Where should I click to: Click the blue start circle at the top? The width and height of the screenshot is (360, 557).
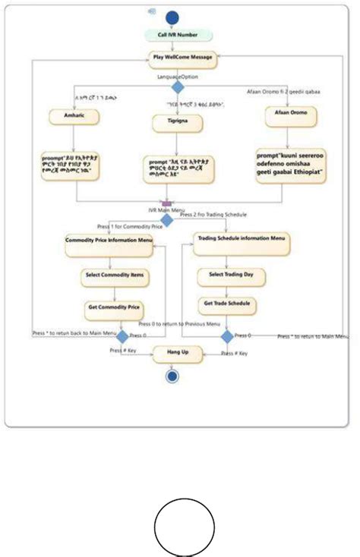click(172, 18)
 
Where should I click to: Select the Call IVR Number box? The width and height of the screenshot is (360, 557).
click(172, 36)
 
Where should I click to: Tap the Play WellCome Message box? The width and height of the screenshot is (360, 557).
click(182, 58)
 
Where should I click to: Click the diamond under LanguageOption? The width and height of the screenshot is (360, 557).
click(177, 88)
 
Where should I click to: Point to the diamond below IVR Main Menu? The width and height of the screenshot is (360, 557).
click(166, 220)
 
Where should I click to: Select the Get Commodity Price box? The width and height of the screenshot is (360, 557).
click(113, 308)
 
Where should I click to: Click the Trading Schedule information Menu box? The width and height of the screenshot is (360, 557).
click(242, 238)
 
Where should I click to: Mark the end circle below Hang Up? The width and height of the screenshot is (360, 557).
click(172, 377)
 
